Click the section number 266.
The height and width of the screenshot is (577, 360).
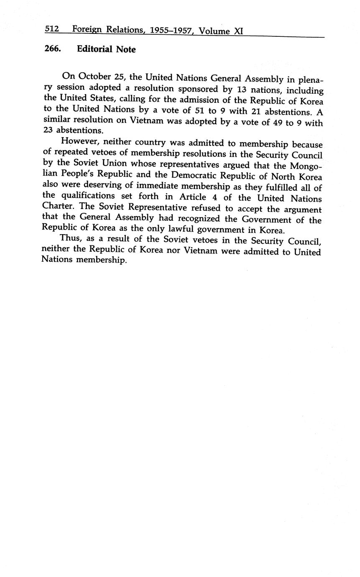pyautogui.click(x=53, y=49)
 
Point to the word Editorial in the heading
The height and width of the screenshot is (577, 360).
pyautogui.click(x=95, y=49)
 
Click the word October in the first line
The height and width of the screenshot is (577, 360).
pyautogui.click(x=94, y=76)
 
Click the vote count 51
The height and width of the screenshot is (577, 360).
pyautogui.click(x=194, y=111)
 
